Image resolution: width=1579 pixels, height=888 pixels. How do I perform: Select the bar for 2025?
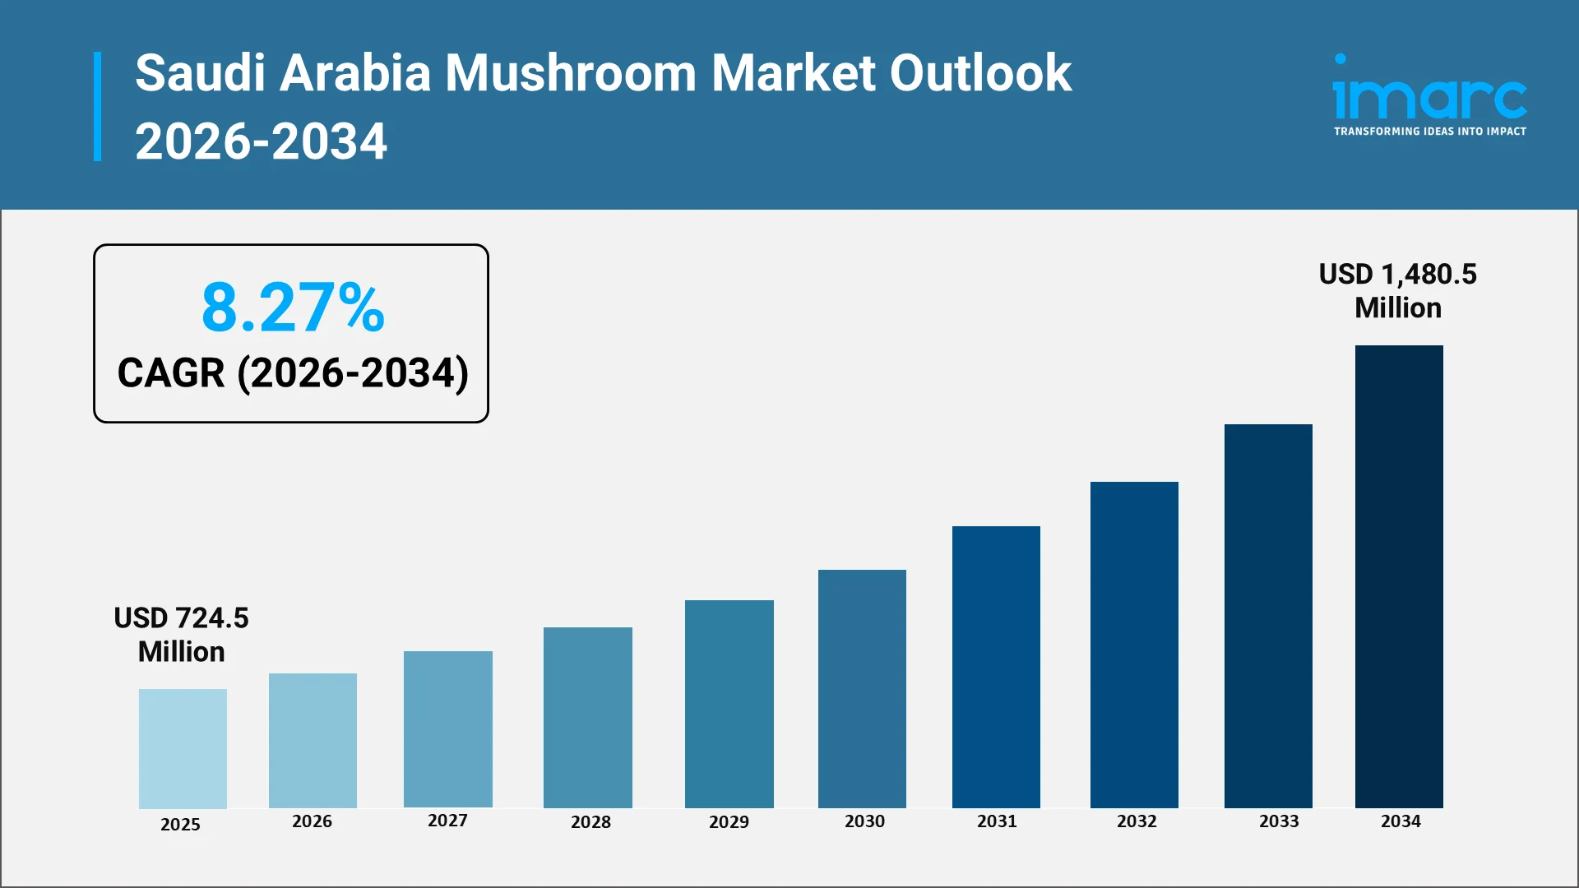183,748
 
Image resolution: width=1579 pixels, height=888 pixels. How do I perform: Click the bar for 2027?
448,729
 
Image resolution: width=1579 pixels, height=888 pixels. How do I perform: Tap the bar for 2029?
729,704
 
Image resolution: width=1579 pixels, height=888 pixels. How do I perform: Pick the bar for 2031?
996,667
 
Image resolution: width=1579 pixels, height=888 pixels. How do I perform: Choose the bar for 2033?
1268,616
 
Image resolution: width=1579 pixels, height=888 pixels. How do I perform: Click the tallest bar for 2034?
1399,576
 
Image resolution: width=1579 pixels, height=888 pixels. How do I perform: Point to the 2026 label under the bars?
312,821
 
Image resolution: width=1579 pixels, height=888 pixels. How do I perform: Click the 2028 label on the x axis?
590,822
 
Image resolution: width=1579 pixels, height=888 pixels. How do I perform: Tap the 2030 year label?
864,821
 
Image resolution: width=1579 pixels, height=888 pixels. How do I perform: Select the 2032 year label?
1137,821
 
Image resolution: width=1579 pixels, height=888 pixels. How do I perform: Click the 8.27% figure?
293,308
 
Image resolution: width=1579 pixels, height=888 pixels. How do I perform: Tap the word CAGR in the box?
171,373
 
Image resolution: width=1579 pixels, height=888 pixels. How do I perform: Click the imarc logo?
1429,90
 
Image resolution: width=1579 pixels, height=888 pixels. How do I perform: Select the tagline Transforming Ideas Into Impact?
1429,132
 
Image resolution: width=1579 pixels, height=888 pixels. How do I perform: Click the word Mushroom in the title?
571,73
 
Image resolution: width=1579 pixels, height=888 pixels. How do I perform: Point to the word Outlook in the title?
980,73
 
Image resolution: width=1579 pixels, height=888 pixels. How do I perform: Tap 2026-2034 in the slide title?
261,141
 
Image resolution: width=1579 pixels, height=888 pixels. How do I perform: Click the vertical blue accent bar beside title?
98,107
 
